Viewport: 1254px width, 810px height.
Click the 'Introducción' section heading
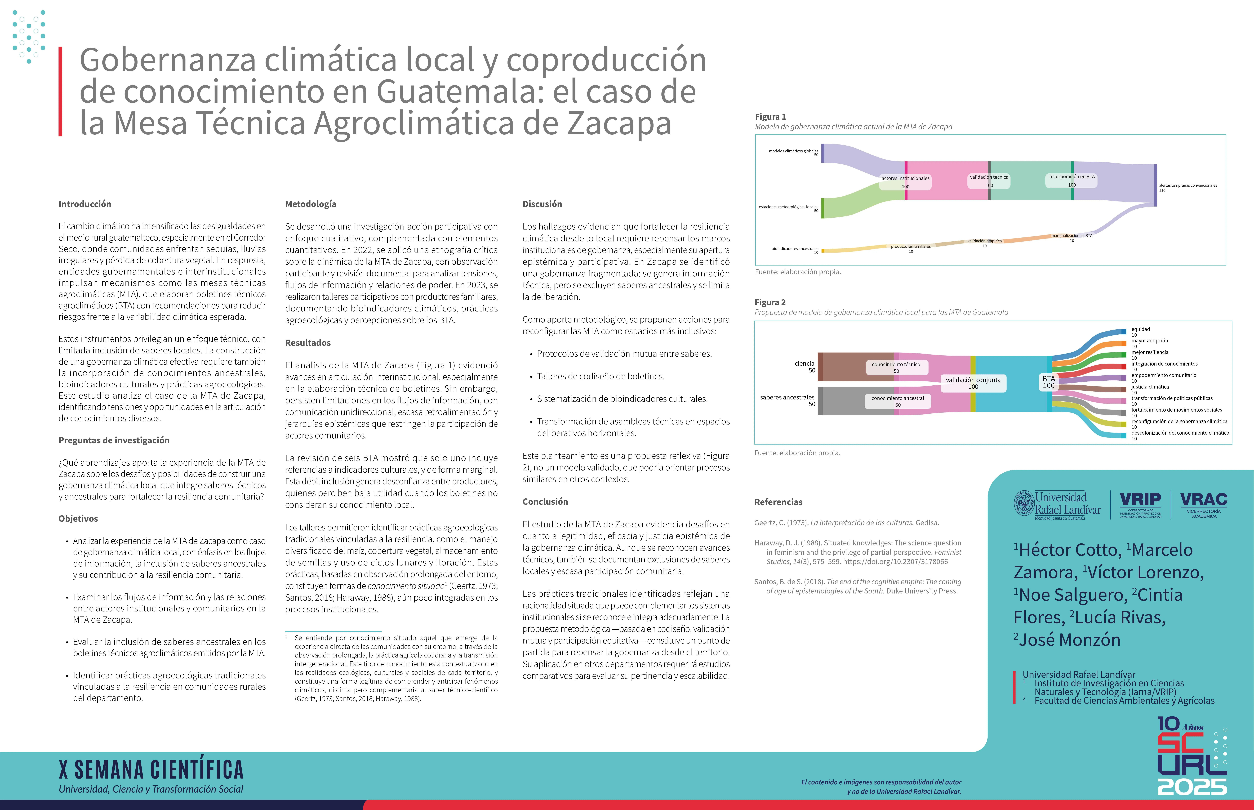85,204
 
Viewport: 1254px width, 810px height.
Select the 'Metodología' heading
310,204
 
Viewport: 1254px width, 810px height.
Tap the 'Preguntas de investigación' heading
114,440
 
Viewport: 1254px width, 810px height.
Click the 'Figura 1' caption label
770,117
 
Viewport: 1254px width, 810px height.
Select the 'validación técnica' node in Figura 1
989,177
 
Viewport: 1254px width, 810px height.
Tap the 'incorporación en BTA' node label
1071,177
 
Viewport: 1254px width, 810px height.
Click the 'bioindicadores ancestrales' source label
794,248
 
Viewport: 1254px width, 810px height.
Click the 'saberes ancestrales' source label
787,398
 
